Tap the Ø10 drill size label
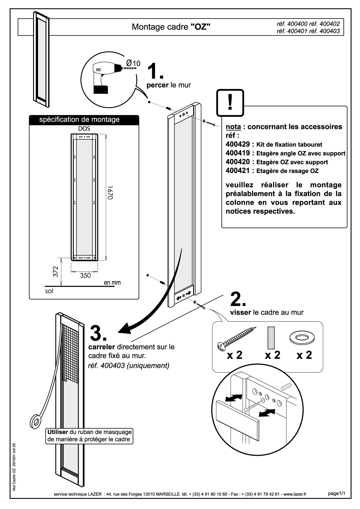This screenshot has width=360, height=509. point(134,63)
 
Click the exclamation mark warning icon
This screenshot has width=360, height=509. point(230,102)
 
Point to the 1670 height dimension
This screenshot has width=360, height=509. point(110,193)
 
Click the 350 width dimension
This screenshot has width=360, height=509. point(85,275)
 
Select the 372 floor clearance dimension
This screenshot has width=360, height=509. point(55,271)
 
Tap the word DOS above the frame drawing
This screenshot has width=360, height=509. point(84,129)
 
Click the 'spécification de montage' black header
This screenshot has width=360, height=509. point(79,120)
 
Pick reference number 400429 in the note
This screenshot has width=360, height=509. point(237,144)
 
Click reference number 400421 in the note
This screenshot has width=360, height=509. point(237,171)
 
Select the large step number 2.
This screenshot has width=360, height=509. point(238,299)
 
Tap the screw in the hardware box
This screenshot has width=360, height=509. point(237,338)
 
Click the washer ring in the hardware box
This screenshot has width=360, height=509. point(302,337)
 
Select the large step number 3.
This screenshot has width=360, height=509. point(98,333)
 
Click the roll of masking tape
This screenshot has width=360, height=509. point(36,421)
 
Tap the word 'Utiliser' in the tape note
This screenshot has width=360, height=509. point(58,432)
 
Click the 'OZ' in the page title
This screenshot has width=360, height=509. point(200,27)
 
